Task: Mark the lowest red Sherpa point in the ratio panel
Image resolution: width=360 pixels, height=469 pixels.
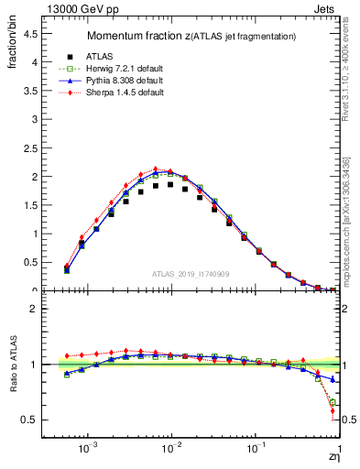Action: coord(332,410)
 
